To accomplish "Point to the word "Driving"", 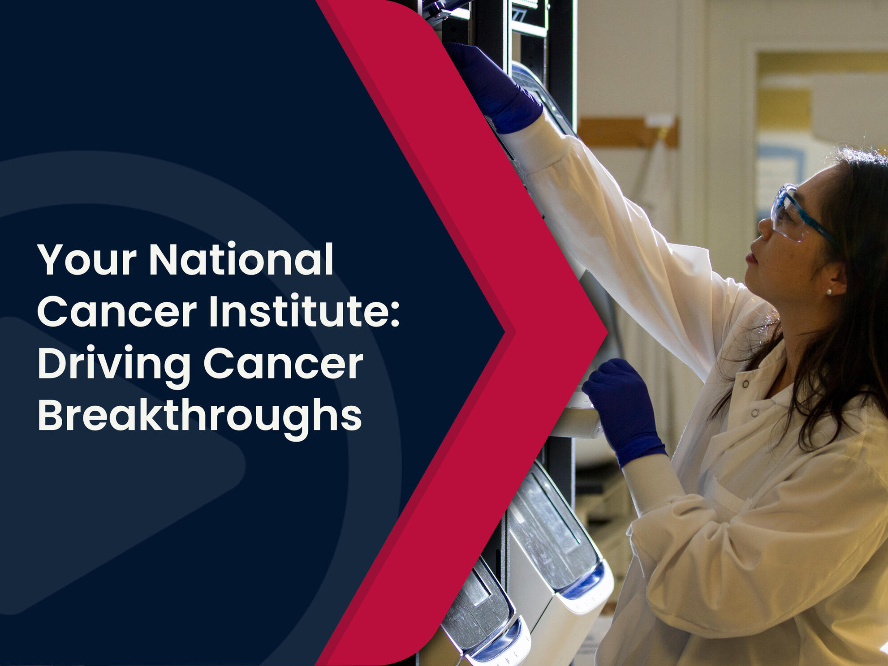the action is [x=114, y=365].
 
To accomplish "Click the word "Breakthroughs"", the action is [x=200, y=417].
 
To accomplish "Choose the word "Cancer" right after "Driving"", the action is [x=283, y=363].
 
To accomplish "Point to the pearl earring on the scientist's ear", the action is [x=829, y=292].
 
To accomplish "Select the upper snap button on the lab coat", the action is [x=746, y=384].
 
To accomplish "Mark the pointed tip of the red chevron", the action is [x=607, y=332].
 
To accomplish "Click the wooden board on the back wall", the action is [x=627, y=132].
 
